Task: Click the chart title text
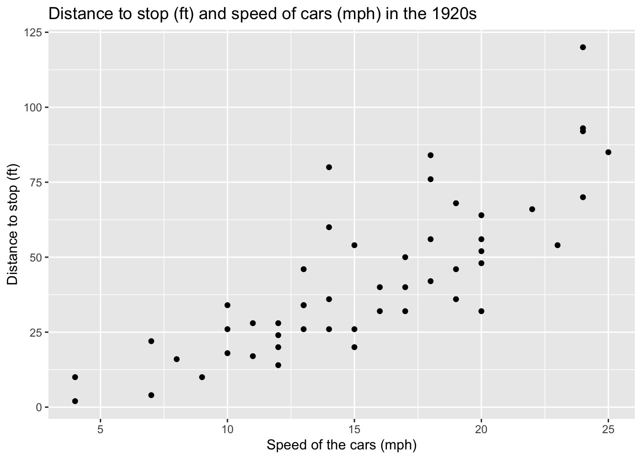pos(263,14)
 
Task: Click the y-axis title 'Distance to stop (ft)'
pos(13,224)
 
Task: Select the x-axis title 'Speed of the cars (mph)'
pos(342,446)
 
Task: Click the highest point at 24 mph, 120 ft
pos(583,47)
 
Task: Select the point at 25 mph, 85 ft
pos(608,153)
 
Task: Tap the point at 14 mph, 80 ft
pos(329,167)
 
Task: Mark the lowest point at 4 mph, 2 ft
pos(75,401)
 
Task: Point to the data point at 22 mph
pos(532,209)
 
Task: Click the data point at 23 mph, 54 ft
pos(557,245)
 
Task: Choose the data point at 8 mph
pos(177,359)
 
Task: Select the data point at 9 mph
pos(202,377)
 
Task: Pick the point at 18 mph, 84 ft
pos(430,155)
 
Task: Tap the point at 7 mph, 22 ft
pos(151,341)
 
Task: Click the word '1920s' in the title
pos(457,14)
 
